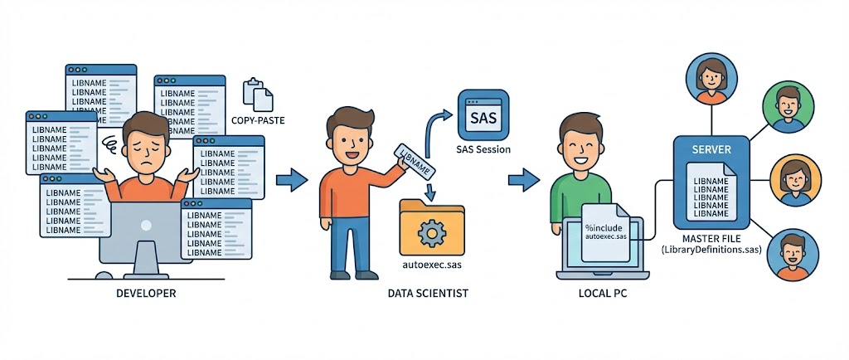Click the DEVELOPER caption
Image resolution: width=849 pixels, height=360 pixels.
pos(146,294)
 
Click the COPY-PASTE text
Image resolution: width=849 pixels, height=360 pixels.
pos(258,121)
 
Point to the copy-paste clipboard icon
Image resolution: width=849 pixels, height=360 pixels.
pos(257,95)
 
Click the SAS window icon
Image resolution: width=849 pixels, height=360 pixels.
pos(483,115)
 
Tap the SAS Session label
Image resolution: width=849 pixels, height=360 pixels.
pos(483,149)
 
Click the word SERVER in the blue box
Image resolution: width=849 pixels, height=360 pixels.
pos(711,151)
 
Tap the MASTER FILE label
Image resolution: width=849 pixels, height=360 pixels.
pos(711,238)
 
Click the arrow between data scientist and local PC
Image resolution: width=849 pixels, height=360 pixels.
pos(524,178)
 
